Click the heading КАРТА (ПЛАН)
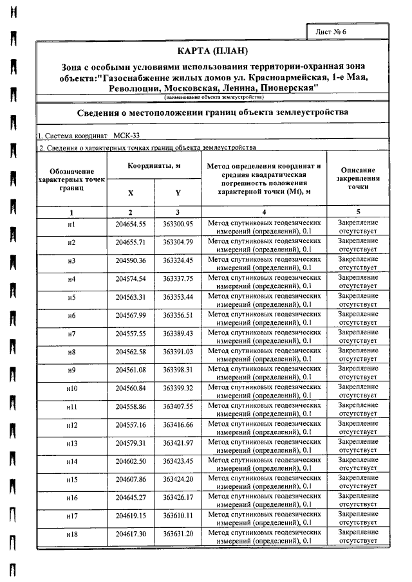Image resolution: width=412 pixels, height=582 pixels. [212, 51]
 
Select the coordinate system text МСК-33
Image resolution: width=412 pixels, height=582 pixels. [126, 136]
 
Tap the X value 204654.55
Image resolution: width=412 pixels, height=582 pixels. [131, 224]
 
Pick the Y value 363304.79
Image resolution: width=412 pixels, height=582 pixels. [178, 242]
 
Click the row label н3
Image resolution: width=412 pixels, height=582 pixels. [71, 261]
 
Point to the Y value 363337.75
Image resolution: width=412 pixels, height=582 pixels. [178, 279]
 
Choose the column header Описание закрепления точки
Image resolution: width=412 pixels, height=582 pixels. [358, 178]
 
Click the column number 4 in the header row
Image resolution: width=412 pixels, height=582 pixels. [264, 212]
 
